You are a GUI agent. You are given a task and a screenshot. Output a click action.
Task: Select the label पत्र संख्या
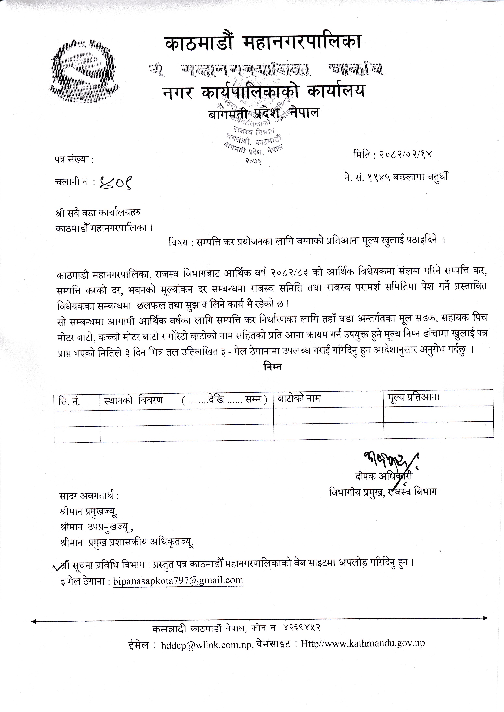click(74, 160)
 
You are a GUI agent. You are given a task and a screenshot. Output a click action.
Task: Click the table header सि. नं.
click(69, 401)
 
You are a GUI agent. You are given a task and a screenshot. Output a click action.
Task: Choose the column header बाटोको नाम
click(299, 398)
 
